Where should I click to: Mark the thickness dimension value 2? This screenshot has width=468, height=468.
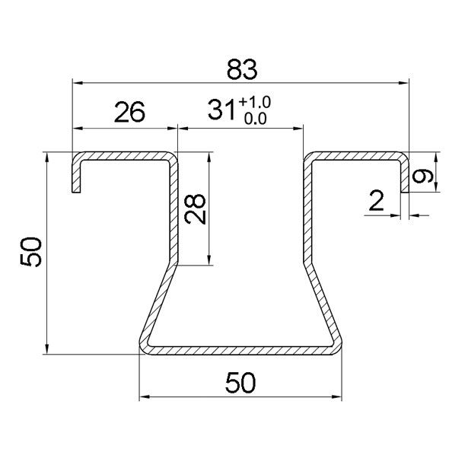click(375, 202)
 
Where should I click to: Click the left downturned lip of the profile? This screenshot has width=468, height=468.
click(75, 177)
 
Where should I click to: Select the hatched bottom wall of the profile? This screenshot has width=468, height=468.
click(240, 350)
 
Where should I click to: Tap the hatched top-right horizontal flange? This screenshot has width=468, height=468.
click(354, 157)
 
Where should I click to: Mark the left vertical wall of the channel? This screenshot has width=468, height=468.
click(173, 209)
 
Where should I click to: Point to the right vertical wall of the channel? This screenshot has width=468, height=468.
click(307, 209)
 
